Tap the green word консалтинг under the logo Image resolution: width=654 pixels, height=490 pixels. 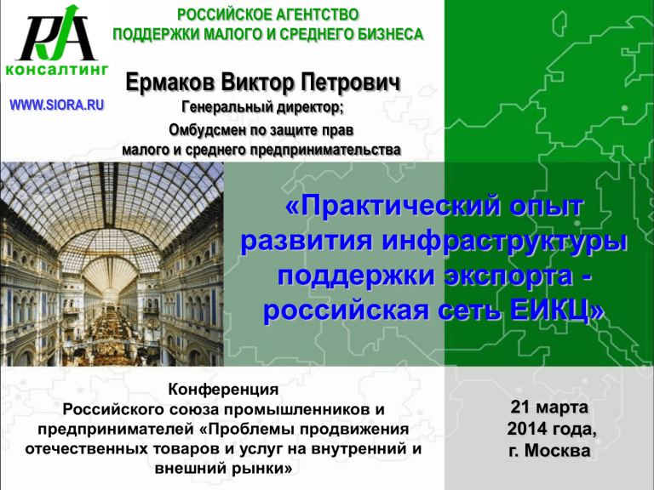coord(57,70)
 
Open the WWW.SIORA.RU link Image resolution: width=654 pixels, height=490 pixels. coord(57,105)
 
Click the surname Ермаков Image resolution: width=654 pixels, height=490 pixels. coord(170,82)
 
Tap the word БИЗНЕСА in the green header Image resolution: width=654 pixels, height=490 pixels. coord(386,35)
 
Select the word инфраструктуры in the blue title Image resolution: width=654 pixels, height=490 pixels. coord(505,242)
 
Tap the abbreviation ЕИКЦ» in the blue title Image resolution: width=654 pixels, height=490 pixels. coord(557,311)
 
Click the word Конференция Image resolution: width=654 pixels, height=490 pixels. coord(224,390)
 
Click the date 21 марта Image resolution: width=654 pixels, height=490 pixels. coord(549,407)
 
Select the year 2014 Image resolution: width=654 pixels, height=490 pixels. coord(528,429)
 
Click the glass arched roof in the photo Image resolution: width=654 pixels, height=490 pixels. coord(112,208)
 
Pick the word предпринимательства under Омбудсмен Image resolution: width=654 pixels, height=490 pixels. coord(326,151)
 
